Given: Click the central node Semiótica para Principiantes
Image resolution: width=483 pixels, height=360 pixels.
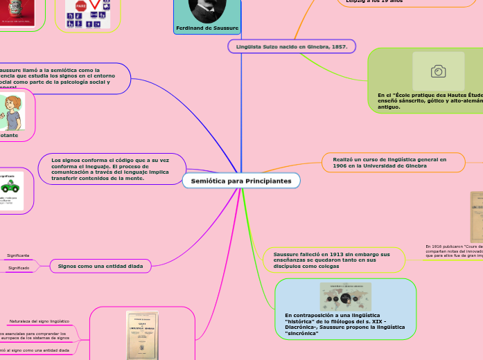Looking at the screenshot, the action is pyautogui.click(x=241, y=181).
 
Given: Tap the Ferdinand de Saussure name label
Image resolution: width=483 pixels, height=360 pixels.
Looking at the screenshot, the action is pyautogui.click(x=207, y=28).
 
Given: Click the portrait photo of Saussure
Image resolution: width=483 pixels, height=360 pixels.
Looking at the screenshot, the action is pyautogui.click(x=207, y=10).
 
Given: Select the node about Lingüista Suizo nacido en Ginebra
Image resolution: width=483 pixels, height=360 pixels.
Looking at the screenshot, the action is pyautogui.click(x=292, y=46).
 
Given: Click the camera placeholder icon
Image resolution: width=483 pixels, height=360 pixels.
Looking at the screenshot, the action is pyautogui.click(x=438, y=71).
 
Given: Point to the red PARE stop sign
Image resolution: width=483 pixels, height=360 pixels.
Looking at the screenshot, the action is pyautogui.click(x=80, y=6).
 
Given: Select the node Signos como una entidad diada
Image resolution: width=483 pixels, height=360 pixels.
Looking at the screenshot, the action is pyautogui.click(x=101, y=266).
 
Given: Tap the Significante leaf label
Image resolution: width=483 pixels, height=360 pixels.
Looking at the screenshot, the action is pyautogui.click(x=18, y=255).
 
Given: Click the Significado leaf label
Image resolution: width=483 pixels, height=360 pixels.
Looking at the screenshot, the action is pyautogui.click(x=18, y=268).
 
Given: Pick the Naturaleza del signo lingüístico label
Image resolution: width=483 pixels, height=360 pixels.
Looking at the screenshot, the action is pyautogui.click(x=39, y=321).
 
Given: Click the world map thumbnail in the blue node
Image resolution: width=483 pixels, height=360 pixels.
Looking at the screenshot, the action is pyautogui.click(x=345, y=296).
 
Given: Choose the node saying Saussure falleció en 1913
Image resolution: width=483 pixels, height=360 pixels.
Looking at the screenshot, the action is pyautogui.click(x=327, y=260).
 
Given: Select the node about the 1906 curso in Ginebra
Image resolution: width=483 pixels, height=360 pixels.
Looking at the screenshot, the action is pyautogui.click(x=389, y=163).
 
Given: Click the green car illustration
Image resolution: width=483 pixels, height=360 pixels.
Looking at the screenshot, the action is pyautogui.click(x=10, y=186).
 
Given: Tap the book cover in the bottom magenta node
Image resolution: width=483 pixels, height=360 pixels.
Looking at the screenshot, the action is pyautogui.click(x=141, y=335).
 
